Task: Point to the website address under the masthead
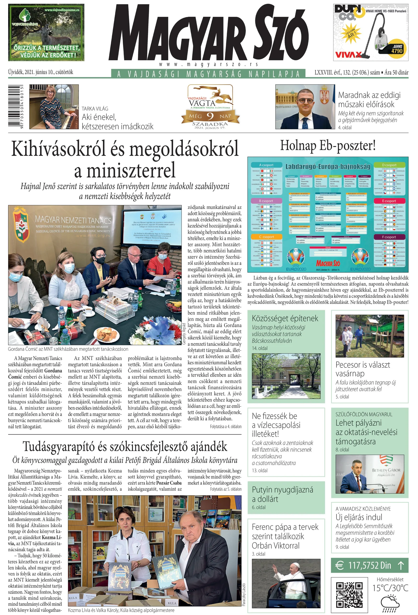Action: pyautogui.click(x=208, y=64)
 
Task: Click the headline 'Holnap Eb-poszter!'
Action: pyautogui.click(x=328, y=145)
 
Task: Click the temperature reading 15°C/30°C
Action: pyautogui.click(x=390, y=588)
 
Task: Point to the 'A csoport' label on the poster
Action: pyautogui.click(x=266, y=165)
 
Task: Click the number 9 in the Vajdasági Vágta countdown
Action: pyautogui.click(x=210, y=116)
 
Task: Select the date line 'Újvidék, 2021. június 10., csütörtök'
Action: pyautogui.click(x=40, y=72)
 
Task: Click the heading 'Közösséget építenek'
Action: pyautogui.click(x=285, y=318)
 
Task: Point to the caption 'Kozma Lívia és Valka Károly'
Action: pyautogui.click(x=121, y=610)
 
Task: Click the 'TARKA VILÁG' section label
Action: pyautogui.click(x=95, y=108)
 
